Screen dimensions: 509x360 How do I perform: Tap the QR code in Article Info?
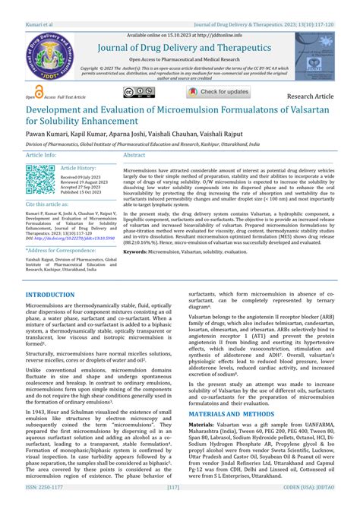pyautogui.click(x=40, y=179)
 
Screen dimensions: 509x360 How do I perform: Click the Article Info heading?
pyautogui.click(x=41, y=154)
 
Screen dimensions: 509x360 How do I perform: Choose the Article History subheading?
pyautogui.click(x=78, y=168)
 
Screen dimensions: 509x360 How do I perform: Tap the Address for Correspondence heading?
pyautogui.click(x=61, y=250)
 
